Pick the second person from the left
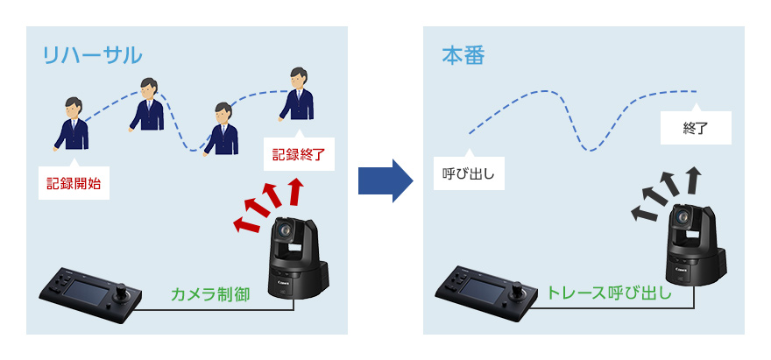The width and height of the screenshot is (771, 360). [x=147, y=105]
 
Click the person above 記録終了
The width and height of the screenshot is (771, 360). [x=296, y=96]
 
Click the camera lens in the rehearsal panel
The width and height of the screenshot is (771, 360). [x=286, y=232]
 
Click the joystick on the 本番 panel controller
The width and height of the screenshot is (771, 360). [x=520, y=288]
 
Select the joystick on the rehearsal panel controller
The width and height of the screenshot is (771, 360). [x=122, y=290]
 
